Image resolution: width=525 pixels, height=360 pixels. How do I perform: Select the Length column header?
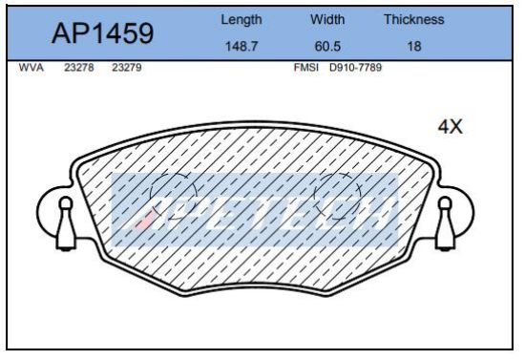[241, 19]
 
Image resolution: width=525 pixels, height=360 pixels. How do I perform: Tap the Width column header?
[328, 19]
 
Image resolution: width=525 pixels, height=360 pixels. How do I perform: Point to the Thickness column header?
[414, 19]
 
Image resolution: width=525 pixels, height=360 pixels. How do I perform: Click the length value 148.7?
[241, 45]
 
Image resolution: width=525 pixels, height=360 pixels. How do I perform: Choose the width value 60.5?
[328, 45]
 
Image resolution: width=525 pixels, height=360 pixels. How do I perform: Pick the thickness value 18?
[414, 45]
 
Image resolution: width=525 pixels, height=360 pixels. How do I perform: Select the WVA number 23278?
[78, 69]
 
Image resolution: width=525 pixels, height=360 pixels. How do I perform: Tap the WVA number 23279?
[127, 69]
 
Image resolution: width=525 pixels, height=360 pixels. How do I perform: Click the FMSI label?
[305, 69]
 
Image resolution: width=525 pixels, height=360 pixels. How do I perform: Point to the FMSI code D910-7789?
[353, 69]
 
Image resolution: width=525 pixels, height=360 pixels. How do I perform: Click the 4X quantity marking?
[450, 128]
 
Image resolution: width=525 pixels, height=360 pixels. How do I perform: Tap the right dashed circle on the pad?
[338, 196]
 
